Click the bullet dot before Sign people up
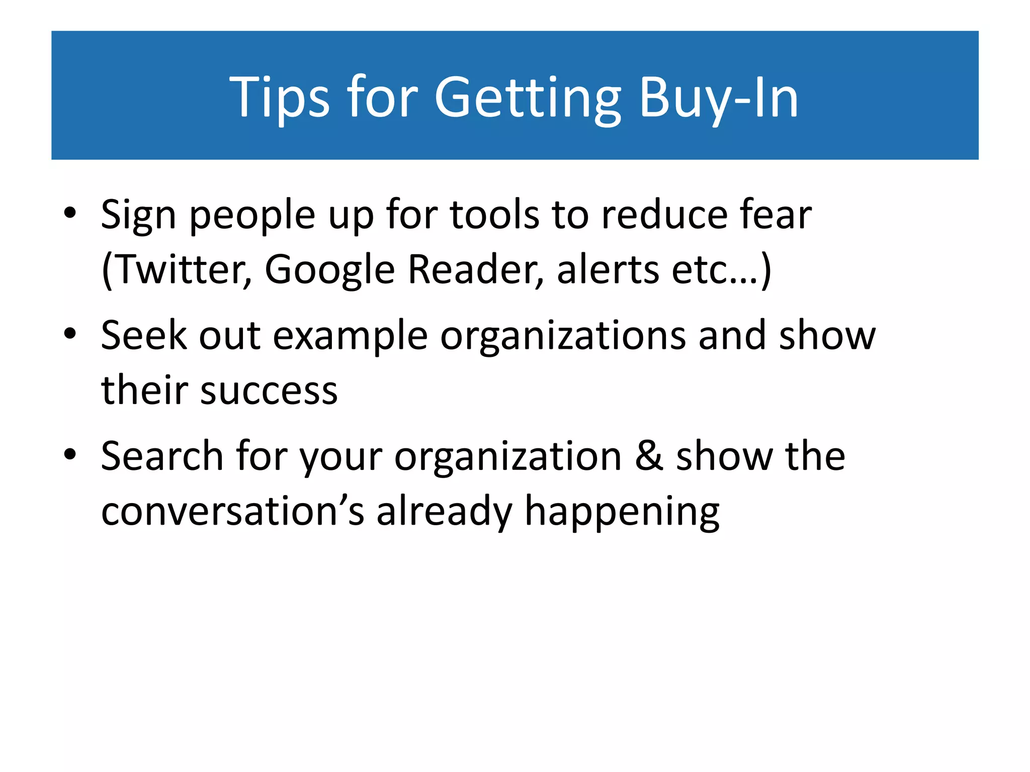pyautogui.click(x=70, y=213)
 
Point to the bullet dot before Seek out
pyautogui.click(x=70, y=334)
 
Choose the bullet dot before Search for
pyautogui.click(x=70, y=454)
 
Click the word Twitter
pyautogui.click(x=181, y=269)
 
